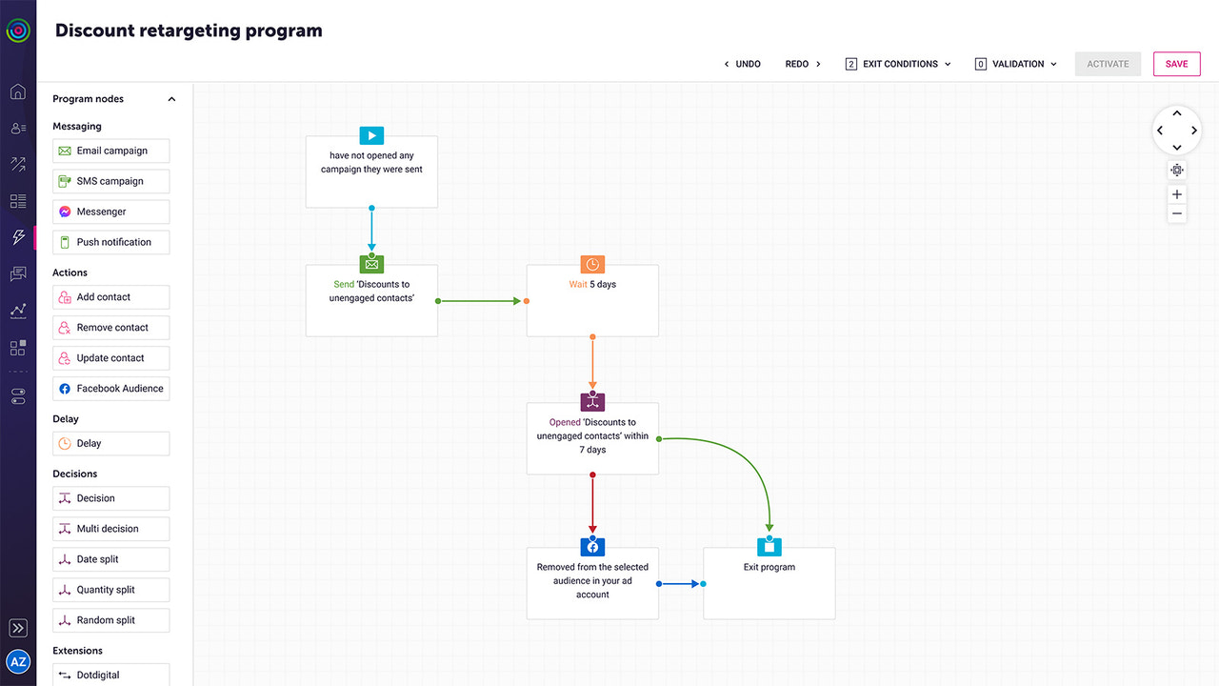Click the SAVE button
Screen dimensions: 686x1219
coord(1176,64)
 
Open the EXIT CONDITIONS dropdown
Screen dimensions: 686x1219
coord(897,64)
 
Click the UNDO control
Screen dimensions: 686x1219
coord(742,64)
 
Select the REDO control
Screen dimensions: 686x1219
coord(803,64)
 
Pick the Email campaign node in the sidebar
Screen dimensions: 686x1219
coord(110,151)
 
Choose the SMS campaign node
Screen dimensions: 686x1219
coord(110,181)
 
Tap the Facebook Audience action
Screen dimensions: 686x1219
coord(110,389)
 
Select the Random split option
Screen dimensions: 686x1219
coord(110,620)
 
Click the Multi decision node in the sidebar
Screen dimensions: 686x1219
coord(110,529)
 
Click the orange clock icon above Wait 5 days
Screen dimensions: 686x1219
coord(592,265)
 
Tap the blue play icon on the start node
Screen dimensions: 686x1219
coord(371,135)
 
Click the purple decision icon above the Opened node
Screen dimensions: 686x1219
coord(592,402)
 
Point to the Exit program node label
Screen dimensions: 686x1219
coord(769,567)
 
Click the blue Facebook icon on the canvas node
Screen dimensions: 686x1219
coord(592,547)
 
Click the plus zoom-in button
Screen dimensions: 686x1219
coord(1177,194)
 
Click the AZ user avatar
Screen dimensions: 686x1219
coord(18,661)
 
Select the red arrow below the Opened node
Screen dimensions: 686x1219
coord(592,505)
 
